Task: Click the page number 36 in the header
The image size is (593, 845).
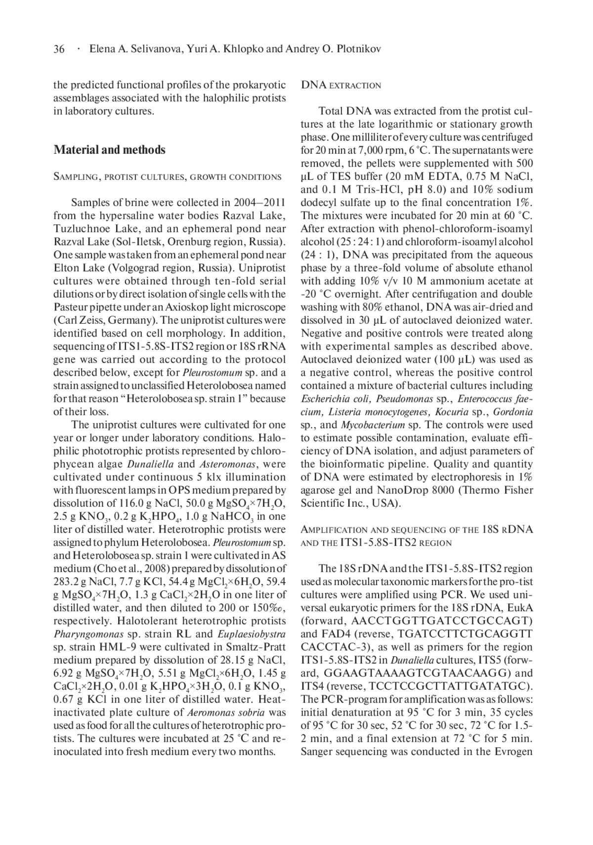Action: [59, 49]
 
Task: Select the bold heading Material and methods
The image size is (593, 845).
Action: [110, 150]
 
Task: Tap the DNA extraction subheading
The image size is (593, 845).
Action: [341, 85]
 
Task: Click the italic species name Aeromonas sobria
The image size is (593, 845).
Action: [226, 713]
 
